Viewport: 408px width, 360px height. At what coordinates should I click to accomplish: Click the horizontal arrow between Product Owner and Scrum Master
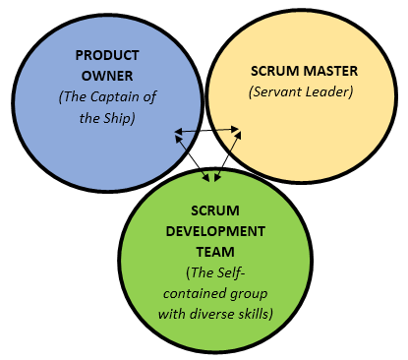click(207, 130)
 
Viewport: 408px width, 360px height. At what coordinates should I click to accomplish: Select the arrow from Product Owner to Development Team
click(194, 155)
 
